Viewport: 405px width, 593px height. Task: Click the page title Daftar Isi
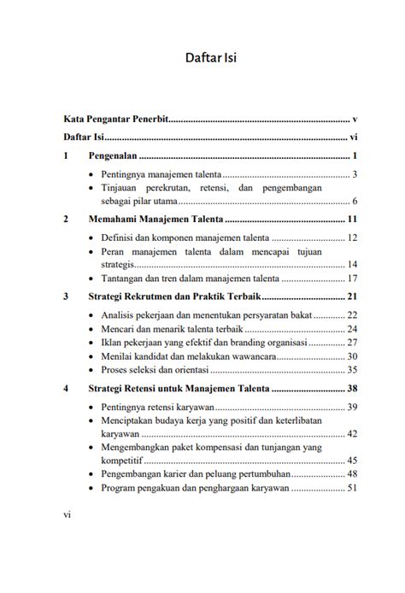(210, 59)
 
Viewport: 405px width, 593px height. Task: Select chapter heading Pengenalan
(114, 156)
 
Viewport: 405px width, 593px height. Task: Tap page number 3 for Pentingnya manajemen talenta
(354, 175)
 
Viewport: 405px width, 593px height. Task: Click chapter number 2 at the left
(66, 220)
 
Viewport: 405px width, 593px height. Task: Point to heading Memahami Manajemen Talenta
(150, 220)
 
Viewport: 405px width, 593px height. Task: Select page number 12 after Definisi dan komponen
(351, 238)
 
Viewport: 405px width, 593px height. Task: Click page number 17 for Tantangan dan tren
(351, 279)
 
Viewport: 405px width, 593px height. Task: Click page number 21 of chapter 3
(351, 297)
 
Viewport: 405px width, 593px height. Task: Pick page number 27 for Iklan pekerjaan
(351, 343)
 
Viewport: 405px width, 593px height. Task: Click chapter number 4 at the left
(66, 389)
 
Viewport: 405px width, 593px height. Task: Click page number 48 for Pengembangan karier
(351, 474)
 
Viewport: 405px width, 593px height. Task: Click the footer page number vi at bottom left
(67, 516)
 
